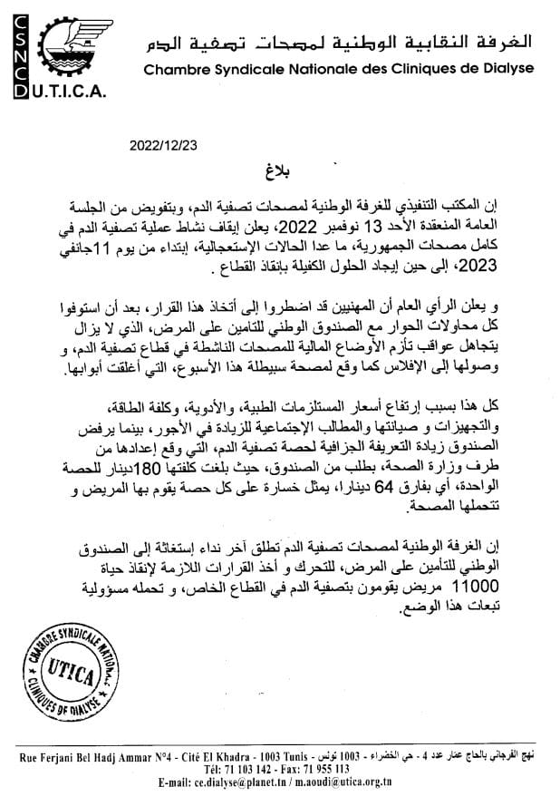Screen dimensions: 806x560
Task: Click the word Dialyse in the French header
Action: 509,68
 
